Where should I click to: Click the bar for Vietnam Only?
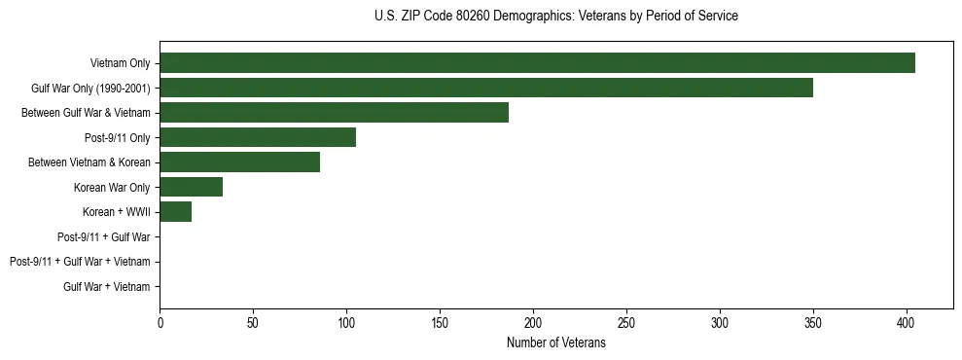(x=537, y=63)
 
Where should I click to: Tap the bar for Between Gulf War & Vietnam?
(x=334, y=113)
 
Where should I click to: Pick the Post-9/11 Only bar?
(x=258, y=137)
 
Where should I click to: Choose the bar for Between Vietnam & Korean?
(x=239, y=162)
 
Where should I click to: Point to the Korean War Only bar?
(x=191, y=187)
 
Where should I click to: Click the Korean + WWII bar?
(x=175, y=212)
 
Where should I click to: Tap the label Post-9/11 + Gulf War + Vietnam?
(x=80, y=262)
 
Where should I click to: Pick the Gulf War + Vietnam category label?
(x=107, y=287)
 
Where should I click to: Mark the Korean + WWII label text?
(x=117, y=212)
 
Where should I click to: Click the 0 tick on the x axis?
(x=160, y=322)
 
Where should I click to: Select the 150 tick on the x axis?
(x=440, y=322)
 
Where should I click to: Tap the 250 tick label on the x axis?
(x=626, y=322)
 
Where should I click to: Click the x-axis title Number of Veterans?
(x=555, y=342)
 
